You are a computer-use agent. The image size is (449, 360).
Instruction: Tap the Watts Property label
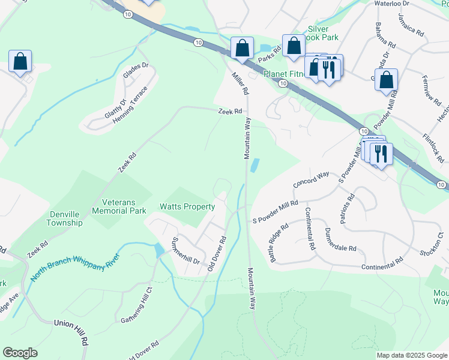pyautogui.click(x=187, y=207)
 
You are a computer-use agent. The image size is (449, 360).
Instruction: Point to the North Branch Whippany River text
pyautogui.click(x=76, y=268)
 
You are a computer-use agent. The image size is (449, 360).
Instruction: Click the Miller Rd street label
pyautogui.click(x=240, y=83)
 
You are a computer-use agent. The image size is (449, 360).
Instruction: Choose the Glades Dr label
pyautogui.click(x=135, y=71)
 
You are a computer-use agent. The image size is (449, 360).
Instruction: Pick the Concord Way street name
pyautogui.click(x=311, y=178)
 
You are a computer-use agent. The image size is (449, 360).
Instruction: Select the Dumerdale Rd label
pyautogui.click(x=340, y=239)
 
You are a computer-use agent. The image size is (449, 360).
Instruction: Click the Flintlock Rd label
pyautogui.click(x=434, y=148)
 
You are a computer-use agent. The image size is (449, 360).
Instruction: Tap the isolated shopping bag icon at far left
pyautogui.click(x=20, y=61)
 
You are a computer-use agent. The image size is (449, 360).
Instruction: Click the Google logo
pyautogui.click(x=20, y=353)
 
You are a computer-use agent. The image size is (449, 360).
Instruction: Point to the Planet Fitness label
pyautogui.click(x=284, y=74)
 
